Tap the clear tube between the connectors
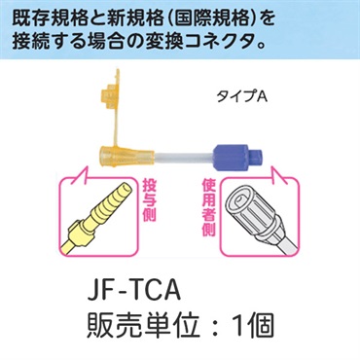174,156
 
